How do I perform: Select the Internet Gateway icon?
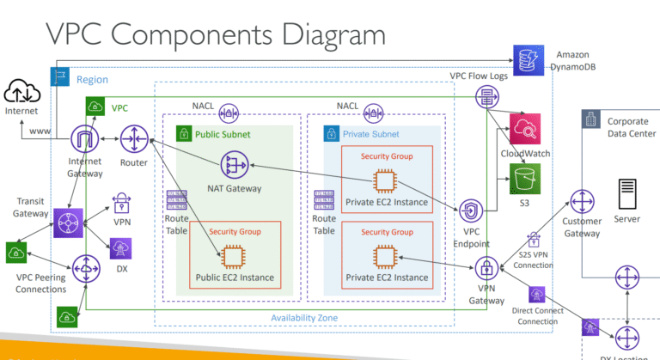click(85, 138)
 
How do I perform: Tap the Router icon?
click(134, 137)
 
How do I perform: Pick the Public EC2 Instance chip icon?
click(232, 255)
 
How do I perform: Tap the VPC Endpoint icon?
click(470, 211)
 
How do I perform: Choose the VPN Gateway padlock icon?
click(486, 266)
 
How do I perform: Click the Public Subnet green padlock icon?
click(183, 134)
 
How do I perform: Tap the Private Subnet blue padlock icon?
click(329, 134)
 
